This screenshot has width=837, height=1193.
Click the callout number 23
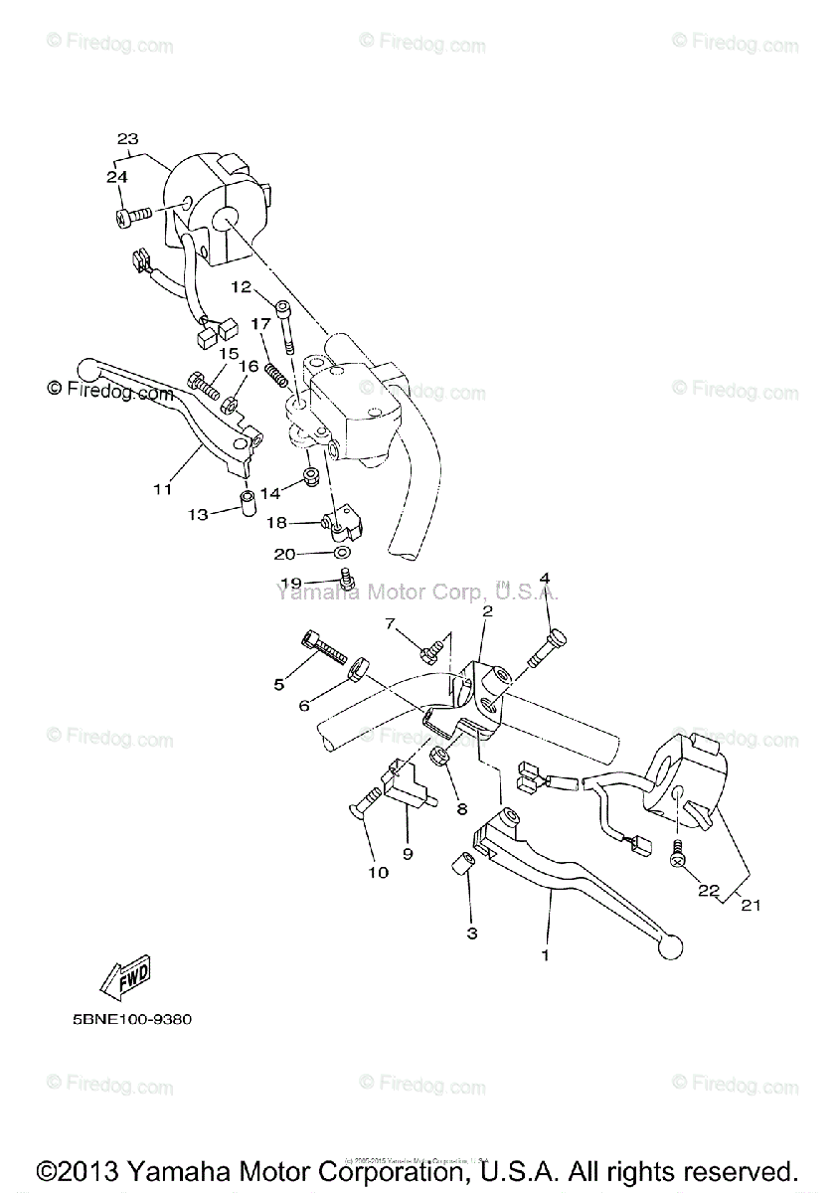click(127, 139)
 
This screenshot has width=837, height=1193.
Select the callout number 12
click(242, 286)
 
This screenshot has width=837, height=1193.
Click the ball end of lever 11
click(86, 370)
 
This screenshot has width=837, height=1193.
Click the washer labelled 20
click(341, 552)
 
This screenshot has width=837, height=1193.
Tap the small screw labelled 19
click(347, 577)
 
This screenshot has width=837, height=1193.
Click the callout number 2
click(487, 612)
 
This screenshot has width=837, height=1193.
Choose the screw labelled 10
click(367, 801)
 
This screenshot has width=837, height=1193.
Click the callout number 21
click(753, 904)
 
